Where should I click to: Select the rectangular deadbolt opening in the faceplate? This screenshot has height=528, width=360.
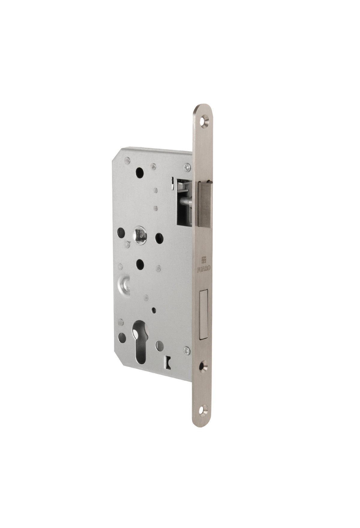point(205,315)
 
